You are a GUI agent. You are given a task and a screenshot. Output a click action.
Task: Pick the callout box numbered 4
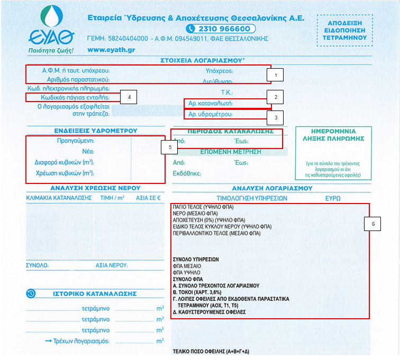point(129,97)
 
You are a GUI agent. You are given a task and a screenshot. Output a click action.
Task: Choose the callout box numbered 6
point(373,224)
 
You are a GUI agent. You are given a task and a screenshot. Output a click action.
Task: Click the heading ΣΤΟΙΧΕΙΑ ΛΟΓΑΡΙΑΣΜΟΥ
point(198,61)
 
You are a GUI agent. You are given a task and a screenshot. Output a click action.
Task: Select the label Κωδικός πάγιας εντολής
point(75,98)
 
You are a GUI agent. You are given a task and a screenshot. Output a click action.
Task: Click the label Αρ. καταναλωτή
point(211,103)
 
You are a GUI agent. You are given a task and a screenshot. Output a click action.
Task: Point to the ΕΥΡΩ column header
point(333,198)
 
